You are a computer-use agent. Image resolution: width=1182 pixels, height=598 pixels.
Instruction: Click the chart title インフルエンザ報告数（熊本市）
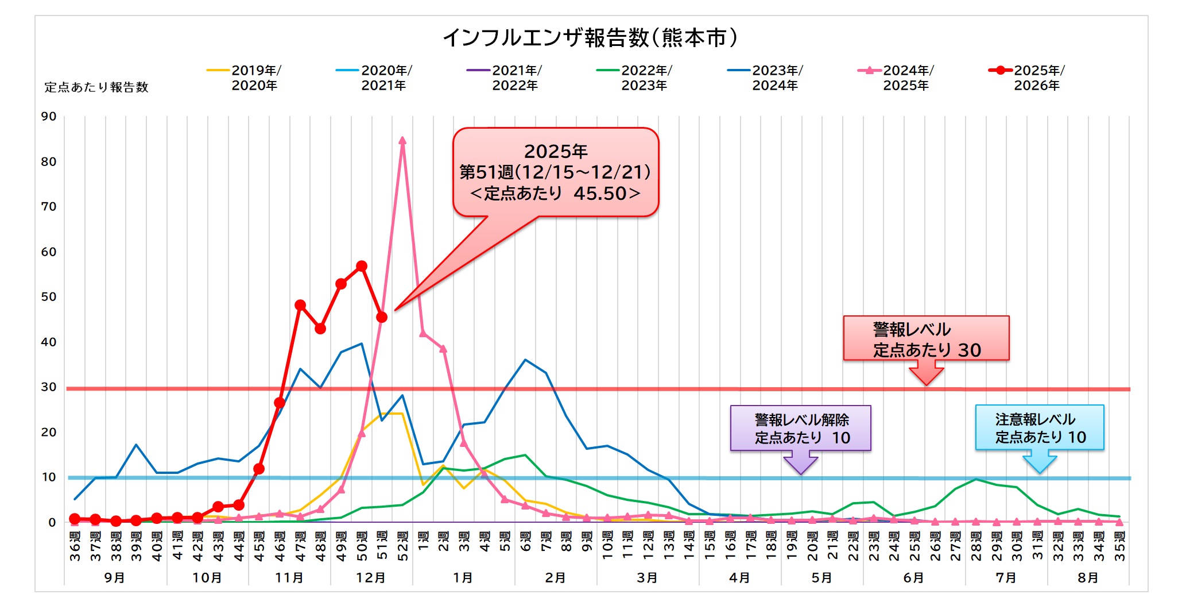tap(590, 38)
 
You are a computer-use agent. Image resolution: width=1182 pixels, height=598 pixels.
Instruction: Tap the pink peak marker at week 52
tap(402, 141)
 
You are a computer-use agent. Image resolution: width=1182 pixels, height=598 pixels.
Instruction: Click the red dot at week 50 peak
tap(362, 267)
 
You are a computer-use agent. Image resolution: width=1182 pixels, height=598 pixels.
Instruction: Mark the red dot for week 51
tap(382, 317)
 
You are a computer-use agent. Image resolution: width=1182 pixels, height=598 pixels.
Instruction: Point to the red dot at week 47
tap(300, 305)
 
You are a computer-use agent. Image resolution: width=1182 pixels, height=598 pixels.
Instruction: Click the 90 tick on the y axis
tap(49, 117)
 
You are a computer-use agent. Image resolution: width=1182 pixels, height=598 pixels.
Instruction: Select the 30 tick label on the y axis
tap(49, 387)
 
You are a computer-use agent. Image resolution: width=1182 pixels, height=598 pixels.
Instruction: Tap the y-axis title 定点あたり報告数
tap(96, 87)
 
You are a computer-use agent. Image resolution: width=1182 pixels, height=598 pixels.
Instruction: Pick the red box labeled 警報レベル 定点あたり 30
tap(925, 338)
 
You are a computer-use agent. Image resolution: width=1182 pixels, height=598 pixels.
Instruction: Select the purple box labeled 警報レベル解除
tap(800, 428)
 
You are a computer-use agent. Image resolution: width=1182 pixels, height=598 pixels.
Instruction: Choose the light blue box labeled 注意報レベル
tap(1039, 427)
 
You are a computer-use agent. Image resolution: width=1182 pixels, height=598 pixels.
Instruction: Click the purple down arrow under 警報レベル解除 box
tap(800, 462)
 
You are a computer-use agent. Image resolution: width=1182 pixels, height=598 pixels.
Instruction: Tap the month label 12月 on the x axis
tap(371, 577)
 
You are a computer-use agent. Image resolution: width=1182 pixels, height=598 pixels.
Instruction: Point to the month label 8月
tap(1088, 577)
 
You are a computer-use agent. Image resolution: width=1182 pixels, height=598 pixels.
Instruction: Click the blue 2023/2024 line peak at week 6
tap(525, 360)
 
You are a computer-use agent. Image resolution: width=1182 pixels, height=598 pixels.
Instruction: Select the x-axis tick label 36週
tap(75, 546)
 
